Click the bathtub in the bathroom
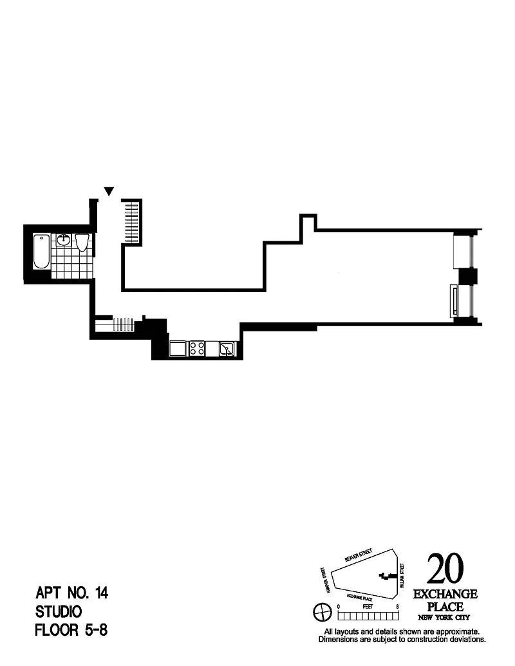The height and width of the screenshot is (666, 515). pos(41,252)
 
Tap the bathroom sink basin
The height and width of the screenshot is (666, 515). pos(64,241)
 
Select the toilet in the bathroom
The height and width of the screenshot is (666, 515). pos(81,242)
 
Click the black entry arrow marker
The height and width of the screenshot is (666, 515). pos(109,191)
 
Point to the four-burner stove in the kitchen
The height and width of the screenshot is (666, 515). pos(196,349)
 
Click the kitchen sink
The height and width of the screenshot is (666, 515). pos(226,349)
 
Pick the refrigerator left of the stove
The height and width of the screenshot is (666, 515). pos(177,349)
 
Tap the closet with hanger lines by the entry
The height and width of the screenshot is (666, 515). pos(131,221)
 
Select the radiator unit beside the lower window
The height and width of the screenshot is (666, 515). pos(454,301)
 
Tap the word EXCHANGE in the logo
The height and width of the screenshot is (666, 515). pos(445,595)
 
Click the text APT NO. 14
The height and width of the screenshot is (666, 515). pos(72,593)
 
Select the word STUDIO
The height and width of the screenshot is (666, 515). pos(59,611)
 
